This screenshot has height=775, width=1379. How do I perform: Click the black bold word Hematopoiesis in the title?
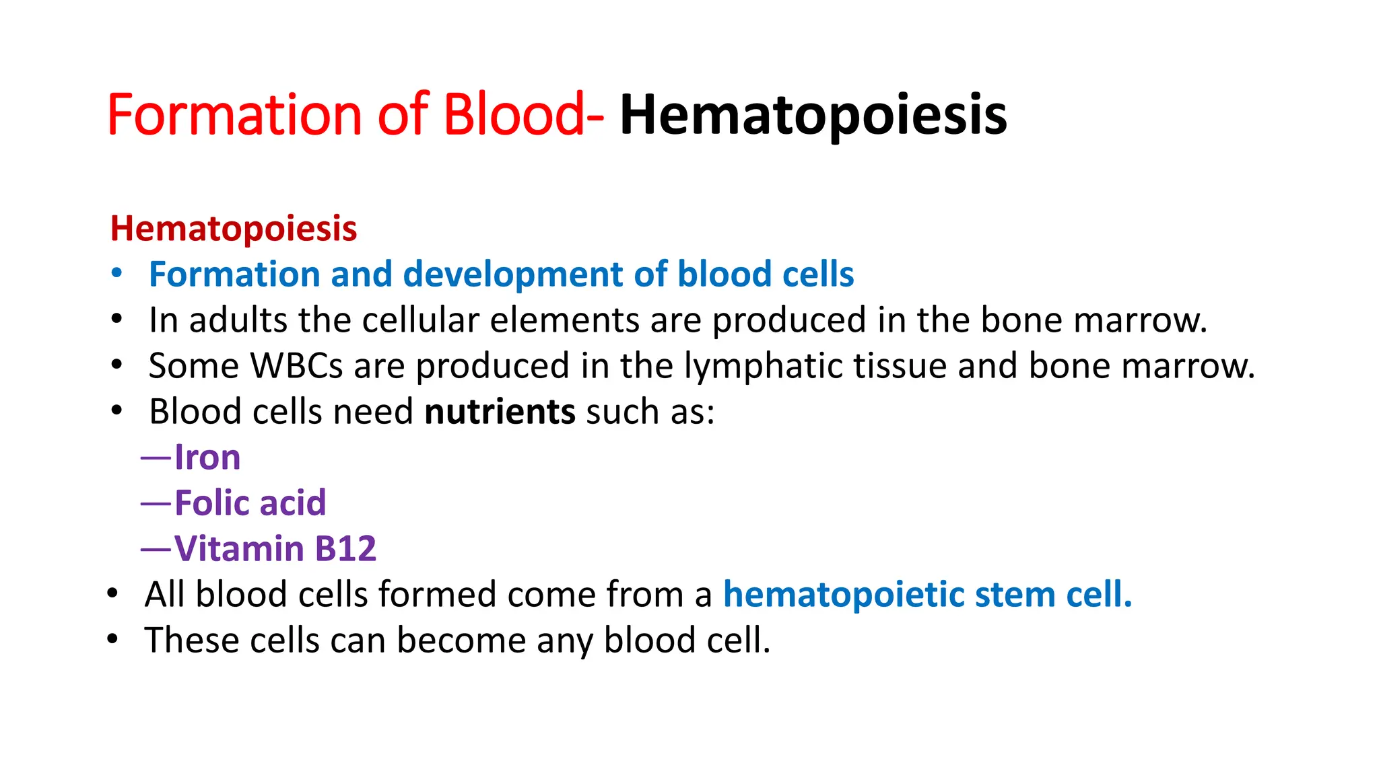[813, 116]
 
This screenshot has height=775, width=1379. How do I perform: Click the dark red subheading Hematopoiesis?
[234, 229]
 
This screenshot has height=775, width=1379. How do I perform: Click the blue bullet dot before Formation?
[117, 273]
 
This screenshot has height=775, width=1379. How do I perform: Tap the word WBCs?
[296, 366]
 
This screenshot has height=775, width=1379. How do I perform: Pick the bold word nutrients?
[500, 412]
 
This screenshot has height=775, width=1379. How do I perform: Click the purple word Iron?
[207, 458]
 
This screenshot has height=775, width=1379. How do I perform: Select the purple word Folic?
[211, 503]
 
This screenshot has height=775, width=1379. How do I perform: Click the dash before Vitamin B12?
[156, 549]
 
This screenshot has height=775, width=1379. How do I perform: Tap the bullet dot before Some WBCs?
[117, 365]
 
